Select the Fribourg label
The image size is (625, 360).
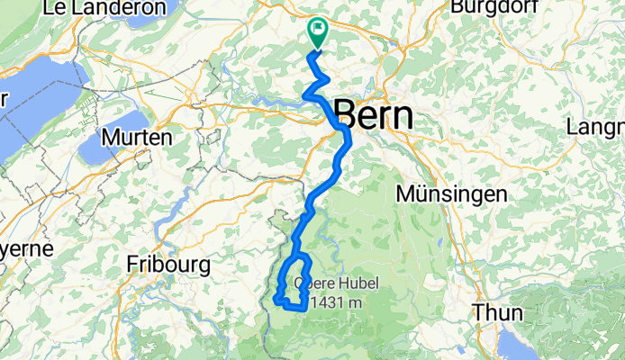(x=168, y=265)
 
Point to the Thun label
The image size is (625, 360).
(x=497, y=313)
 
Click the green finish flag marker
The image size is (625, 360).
(x=318, y=33)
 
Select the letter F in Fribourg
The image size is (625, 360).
(x=132, y=265)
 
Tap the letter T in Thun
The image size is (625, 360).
(x=477, y=313)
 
